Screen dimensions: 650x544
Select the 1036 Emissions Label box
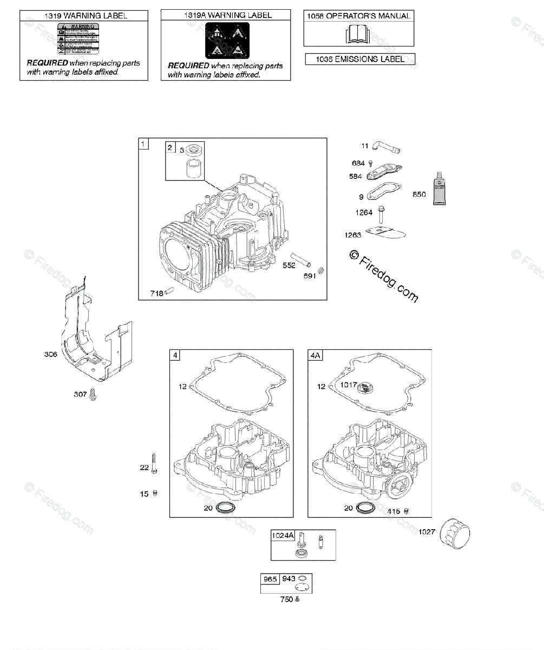(x=360, y=59)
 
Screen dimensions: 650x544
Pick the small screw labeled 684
(x=371, y=163)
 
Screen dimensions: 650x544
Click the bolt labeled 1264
(x=383, y=215)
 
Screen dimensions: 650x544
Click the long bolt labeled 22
(x=154, y=464)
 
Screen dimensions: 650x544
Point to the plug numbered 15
(x=155, y=493)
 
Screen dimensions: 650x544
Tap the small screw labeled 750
(x=297, y=599)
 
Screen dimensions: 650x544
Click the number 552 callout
(x=289, y=265)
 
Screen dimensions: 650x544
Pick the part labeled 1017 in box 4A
(x=368, y=387)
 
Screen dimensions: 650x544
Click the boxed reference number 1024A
(x=283, y=536)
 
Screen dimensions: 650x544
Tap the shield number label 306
(x=51, y=354)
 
